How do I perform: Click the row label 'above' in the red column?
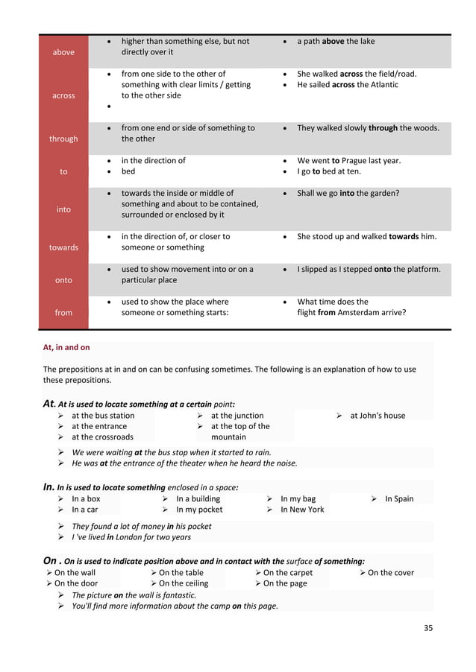point(63,52)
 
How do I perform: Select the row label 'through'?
point(63,139)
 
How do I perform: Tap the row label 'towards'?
point(63,247)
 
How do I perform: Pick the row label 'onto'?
point(63,280)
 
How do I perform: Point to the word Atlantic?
point(381,85)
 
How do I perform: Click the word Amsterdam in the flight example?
point(360,313)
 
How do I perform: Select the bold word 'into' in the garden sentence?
point(347,193)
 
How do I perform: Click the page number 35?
point(428,627)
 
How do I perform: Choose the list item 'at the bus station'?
point(103,416)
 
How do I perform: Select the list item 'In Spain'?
point(399,499)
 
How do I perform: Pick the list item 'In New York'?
point(302,510)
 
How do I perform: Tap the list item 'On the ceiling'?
point(184,583)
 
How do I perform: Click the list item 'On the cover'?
point(391,573)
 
